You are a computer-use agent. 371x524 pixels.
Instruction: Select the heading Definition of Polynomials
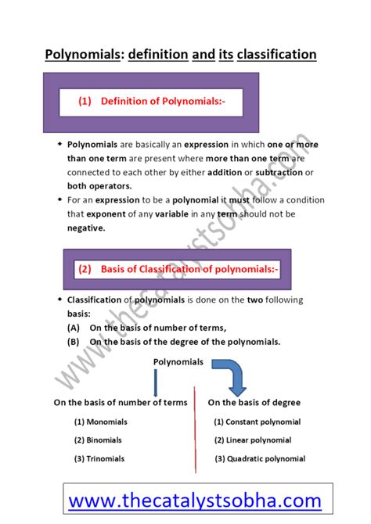[151, 102]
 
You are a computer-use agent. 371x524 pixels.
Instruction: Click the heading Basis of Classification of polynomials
[178, 269]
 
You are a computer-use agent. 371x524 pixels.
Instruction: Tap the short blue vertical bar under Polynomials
[155, 382]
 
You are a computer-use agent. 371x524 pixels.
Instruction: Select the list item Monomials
[100, 422]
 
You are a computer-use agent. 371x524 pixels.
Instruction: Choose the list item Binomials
[98, 440]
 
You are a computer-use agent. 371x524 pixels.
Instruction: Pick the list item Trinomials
[99, 458]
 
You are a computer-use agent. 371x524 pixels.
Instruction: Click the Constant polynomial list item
[257, 422]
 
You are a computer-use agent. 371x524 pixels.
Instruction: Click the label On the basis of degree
[254, 402]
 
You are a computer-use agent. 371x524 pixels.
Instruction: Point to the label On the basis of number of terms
[120, 402]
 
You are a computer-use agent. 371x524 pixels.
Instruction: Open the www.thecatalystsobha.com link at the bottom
[194, 500]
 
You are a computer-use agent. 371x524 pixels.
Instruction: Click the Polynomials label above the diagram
[178, 361]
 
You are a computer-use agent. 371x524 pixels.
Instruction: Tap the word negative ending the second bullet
[85, 228]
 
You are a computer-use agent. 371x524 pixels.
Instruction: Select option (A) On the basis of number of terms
[147, 328]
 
